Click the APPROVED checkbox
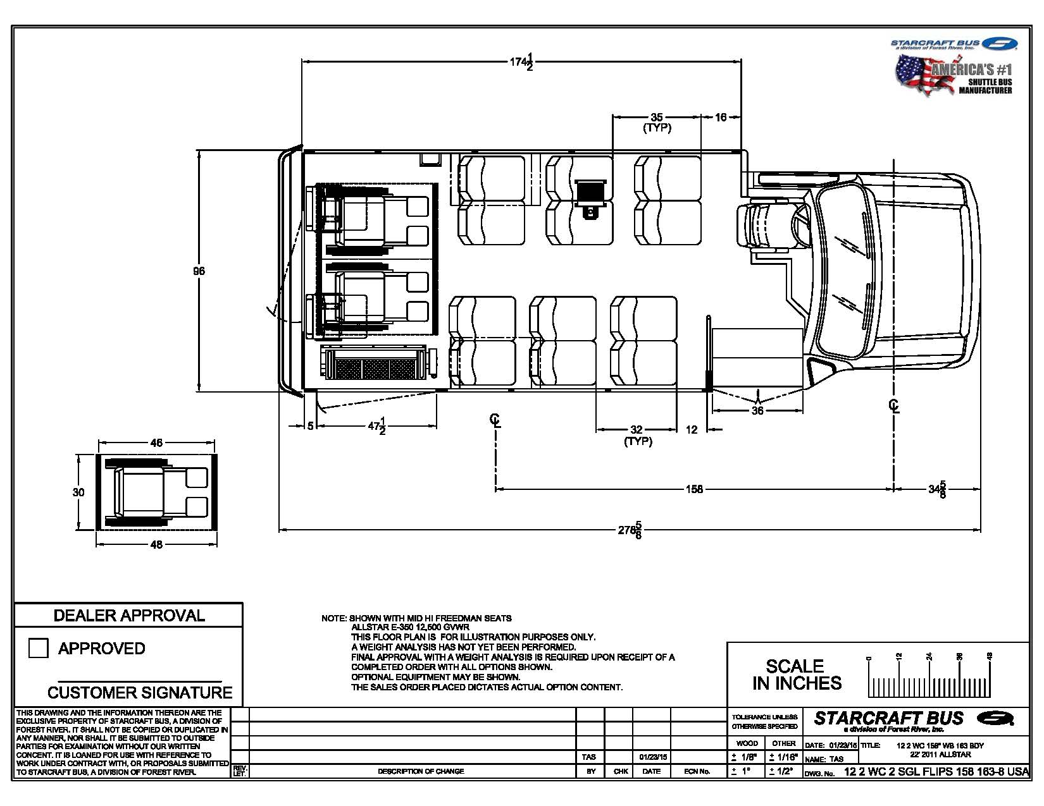[39, 648]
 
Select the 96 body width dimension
[199, 271]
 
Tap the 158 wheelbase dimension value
[694, 489]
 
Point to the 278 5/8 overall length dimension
[630, 530]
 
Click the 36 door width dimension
[757, 411]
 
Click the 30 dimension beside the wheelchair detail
[78, 492]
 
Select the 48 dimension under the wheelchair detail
[156, 545]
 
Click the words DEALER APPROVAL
[129, 615]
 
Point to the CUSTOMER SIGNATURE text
[140, 692]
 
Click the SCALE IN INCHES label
[797, 675]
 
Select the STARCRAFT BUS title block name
[888, 718]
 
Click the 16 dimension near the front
[721, 117]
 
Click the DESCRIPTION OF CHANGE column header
[421, 771]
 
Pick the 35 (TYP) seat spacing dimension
[657, 118]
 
